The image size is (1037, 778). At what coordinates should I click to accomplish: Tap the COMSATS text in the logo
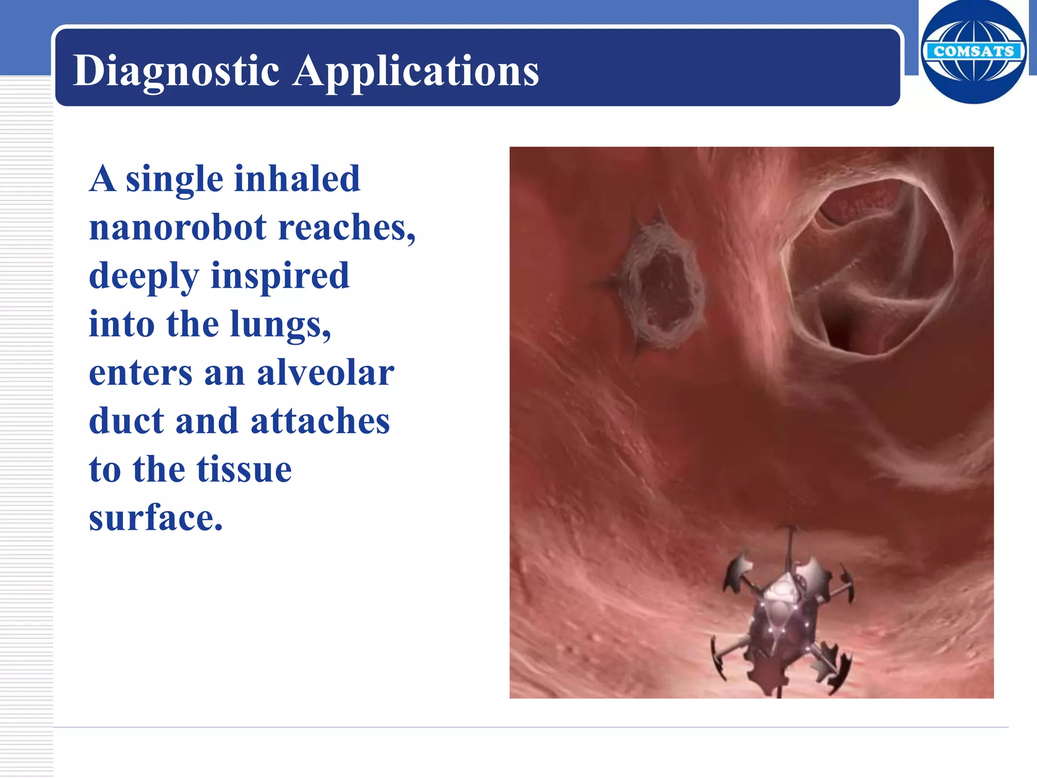tap(973, 51)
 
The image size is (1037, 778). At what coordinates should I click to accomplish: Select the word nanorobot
tap(177, 227)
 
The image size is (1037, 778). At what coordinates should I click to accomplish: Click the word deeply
tap(144, 276)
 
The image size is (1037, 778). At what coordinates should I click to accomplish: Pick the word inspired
tap(280, 276)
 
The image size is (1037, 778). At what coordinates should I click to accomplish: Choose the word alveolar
tap(326, 373)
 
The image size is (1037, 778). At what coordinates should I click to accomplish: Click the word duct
tap(127, 421)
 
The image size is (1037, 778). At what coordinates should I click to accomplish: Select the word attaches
tap(320, 421)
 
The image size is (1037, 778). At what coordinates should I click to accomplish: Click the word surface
tap(155, 518)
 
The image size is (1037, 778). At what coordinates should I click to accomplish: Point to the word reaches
tap(346, 227)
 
